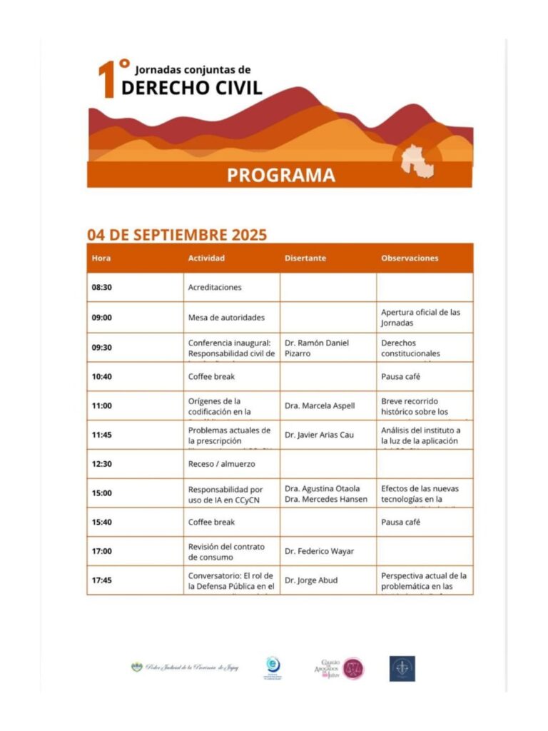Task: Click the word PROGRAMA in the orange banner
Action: point(280,175)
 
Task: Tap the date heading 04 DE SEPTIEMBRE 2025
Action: point(177,234)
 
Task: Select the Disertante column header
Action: point(305,258)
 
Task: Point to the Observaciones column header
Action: point(410,258)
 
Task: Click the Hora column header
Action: point(101,258)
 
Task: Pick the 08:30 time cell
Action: point(102,288)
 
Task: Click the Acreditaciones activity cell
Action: point(215,288)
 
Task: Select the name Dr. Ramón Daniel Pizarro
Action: point(317,348)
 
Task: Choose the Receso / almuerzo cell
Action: point(221,464)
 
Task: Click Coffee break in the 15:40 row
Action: point(211,522)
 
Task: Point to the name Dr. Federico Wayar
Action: point(320,551)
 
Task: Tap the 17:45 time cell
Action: point(102,580)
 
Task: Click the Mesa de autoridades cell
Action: point(226,318)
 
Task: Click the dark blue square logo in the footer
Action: point(402,668)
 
